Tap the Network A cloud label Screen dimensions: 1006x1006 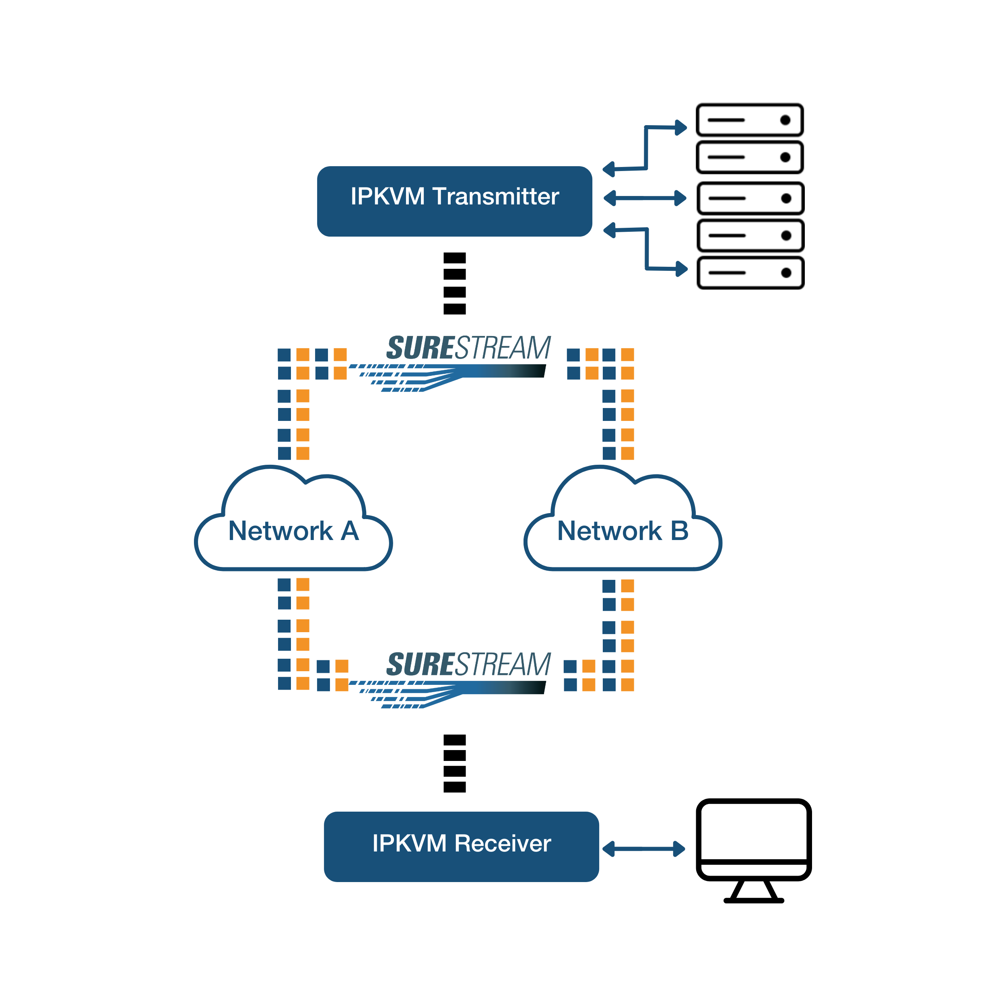point(293,531)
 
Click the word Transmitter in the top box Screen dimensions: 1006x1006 point(495,196)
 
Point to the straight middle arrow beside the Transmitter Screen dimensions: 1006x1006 point(645,198)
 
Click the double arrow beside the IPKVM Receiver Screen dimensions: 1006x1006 point(643,849)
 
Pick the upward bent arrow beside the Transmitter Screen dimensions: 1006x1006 point(646,148)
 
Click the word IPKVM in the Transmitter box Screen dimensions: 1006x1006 point(388,196)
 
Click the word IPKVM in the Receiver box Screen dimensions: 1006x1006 point(409,843)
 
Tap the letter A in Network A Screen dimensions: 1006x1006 point(350,531)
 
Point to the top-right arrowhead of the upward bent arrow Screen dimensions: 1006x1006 point(681,128)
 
